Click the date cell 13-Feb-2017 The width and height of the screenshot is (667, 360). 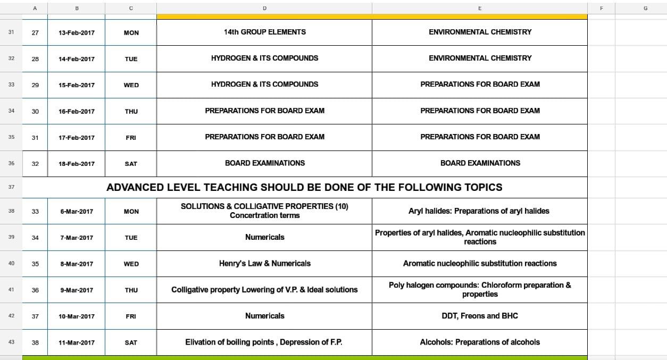tap(77, 32)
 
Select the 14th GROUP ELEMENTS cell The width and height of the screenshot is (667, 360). tap(264, 32)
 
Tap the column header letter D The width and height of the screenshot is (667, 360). tap(264, 8)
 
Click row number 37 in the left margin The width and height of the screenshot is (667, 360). tap(11, 187)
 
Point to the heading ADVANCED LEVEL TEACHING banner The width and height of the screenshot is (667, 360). tap(304, 187)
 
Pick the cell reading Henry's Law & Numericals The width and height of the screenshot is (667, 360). tap(264, 263)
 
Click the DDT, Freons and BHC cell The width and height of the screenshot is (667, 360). tap(479, 316)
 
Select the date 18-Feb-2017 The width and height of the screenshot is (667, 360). tap(77, 164)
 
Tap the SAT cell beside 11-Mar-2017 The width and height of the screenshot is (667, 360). tap(131, 342)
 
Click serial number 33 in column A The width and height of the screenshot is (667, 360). tap(35, 211)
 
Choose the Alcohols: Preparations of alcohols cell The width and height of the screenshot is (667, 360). tap(479, 342)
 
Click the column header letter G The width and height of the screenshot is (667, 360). tap(645, 8)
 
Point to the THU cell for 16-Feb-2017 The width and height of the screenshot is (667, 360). tap(131, 111)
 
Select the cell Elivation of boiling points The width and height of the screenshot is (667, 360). tap(264, 342)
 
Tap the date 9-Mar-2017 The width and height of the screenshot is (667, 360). tap(77, 290)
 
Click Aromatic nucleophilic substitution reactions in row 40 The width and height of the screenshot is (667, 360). tap(479, 263)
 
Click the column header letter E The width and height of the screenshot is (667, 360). tap(479, 8)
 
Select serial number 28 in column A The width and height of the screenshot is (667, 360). tap(35, 58)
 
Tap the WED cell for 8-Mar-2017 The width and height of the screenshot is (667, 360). tap(131, 264)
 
